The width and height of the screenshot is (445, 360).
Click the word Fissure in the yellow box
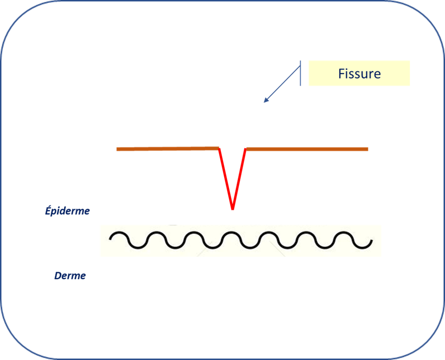(359, 74)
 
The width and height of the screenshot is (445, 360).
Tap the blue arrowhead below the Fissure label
(266, 100)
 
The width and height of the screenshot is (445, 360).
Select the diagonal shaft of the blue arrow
(282, 84)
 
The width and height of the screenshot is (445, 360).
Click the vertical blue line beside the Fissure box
(300, 73)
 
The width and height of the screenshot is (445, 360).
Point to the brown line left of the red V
(168, 149)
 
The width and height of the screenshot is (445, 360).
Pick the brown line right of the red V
(307, 149)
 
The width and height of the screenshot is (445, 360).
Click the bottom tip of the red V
(233, 210)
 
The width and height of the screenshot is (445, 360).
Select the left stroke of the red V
(226, 179)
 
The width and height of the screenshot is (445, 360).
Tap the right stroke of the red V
(239, 179)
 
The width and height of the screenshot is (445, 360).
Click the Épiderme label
(67, 211)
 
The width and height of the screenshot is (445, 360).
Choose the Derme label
(70, 276)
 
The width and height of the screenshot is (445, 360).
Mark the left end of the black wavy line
(110, 239)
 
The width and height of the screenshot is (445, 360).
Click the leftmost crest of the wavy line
(119, 233)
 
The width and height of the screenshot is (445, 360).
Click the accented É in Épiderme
(49, 210)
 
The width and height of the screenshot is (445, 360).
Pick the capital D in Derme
(58, 276)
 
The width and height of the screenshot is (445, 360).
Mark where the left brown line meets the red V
(219, 148)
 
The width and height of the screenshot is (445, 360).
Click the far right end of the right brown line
(368, 149)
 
